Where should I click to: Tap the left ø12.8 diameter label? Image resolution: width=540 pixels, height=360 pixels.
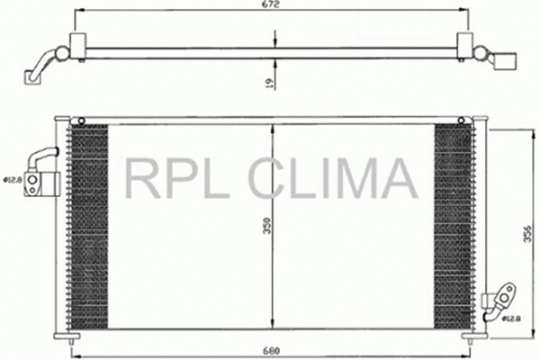[12, 179]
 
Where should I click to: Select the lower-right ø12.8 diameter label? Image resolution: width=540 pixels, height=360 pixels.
[511, 316]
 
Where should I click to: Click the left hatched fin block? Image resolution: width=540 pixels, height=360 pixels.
[87, 225]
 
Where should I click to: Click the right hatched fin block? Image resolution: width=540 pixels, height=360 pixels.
[452, 225]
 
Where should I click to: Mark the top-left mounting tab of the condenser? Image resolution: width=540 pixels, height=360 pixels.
[79, 120]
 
